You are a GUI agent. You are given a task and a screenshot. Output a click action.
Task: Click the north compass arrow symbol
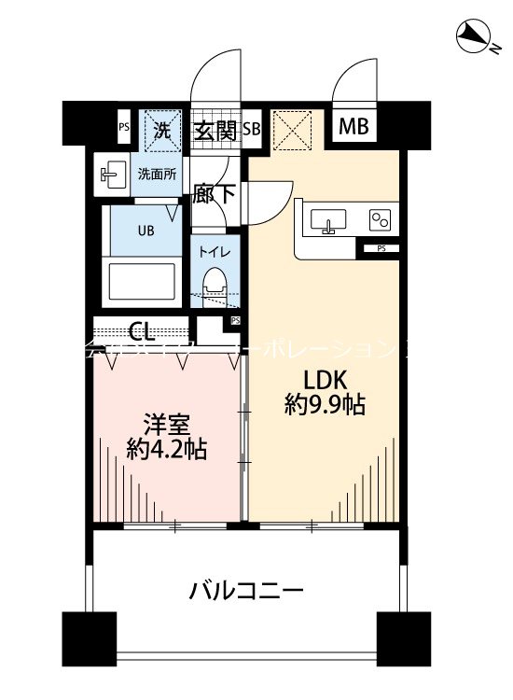(x=476, y=37)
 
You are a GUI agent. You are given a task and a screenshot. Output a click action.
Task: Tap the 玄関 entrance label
(x=215, y=130)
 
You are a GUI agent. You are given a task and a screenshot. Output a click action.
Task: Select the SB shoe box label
(x=252, y=130)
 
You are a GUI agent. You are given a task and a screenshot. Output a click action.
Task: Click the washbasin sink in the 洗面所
(x=111, y=174)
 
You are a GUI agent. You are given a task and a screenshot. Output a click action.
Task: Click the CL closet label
(x=142, y=330)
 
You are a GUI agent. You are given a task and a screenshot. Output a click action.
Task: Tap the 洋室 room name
(x=167, y=423)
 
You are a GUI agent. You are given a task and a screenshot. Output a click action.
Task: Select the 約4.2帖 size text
(x=167, y=450)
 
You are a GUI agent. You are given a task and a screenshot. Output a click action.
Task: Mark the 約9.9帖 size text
(x=324, y=406)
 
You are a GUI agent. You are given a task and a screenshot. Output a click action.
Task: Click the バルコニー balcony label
(x=246, y=591)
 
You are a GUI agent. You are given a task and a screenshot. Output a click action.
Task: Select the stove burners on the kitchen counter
(x=381, y=220)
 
